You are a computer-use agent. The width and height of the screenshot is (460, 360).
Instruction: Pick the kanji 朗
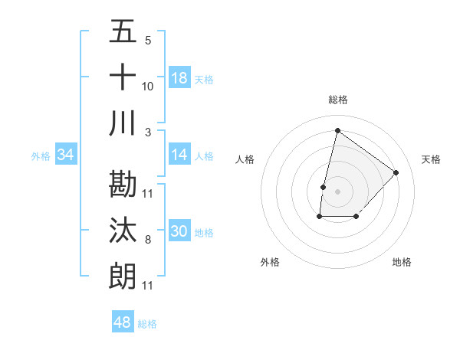[123, 276]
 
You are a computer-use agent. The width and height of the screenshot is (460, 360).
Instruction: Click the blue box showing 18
[179, 78]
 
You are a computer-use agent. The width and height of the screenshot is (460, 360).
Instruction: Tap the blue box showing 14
[179, 155]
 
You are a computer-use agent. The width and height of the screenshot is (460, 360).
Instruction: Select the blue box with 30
[179, 231]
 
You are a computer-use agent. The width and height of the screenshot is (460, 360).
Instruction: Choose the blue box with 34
[65, 155]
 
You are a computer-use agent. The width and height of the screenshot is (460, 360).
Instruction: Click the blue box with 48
[123, 322]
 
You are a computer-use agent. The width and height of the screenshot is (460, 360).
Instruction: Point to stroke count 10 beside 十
[147, 87]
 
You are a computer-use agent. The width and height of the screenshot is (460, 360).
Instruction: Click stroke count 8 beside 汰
[147, 240]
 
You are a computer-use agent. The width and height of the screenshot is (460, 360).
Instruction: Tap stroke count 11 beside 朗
[147, 286]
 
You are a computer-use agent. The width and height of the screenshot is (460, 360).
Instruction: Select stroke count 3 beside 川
[147, 133]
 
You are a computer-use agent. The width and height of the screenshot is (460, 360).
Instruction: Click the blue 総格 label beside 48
[148, 324]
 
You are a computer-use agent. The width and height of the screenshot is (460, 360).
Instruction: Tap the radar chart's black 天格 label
[431, 159]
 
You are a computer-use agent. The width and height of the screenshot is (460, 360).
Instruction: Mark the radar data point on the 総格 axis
[337, 130]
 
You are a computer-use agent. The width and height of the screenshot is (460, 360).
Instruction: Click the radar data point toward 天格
[396, 172]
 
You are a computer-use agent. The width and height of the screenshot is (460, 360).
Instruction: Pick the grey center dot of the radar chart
[337, 191]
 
